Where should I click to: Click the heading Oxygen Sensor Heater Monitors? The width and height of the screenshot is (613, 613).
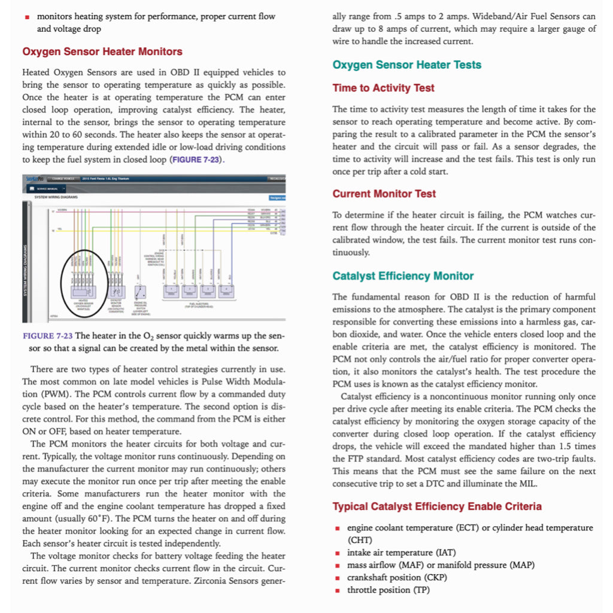click(x=102, y=51)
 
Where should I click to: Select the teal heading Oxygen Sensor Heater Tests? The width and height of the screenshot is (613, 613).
click(x=406, y=65)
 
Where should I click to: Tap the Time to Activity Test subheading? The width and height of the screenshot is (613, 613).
click(x=383, y=88)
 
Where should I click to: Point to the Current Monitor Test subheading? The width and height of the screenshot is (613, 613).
click(x=384, y=194)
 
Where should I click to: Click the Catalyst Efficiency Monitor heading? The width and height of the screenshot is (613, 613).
click(x=403, y=276)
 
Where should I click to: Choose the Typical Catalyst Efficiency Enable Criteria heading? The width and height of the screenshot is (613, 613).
click(x=437, y=506)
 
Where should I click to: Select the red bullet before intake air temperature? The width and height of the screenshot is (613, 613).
click(x=338, y=553)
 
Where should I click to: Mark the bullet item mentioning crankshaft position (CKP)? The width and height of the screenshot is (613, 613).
click(x=397, y=578)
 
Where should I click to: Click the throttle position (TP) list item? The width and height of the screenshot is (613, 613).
click(x=388, y=590)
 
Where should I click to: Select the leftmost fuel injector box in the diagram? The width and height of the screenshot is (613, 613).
click(x=171, y=291)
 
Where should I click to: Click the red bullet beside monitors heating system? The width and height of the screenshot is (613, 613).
click(x=28, y=17)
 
